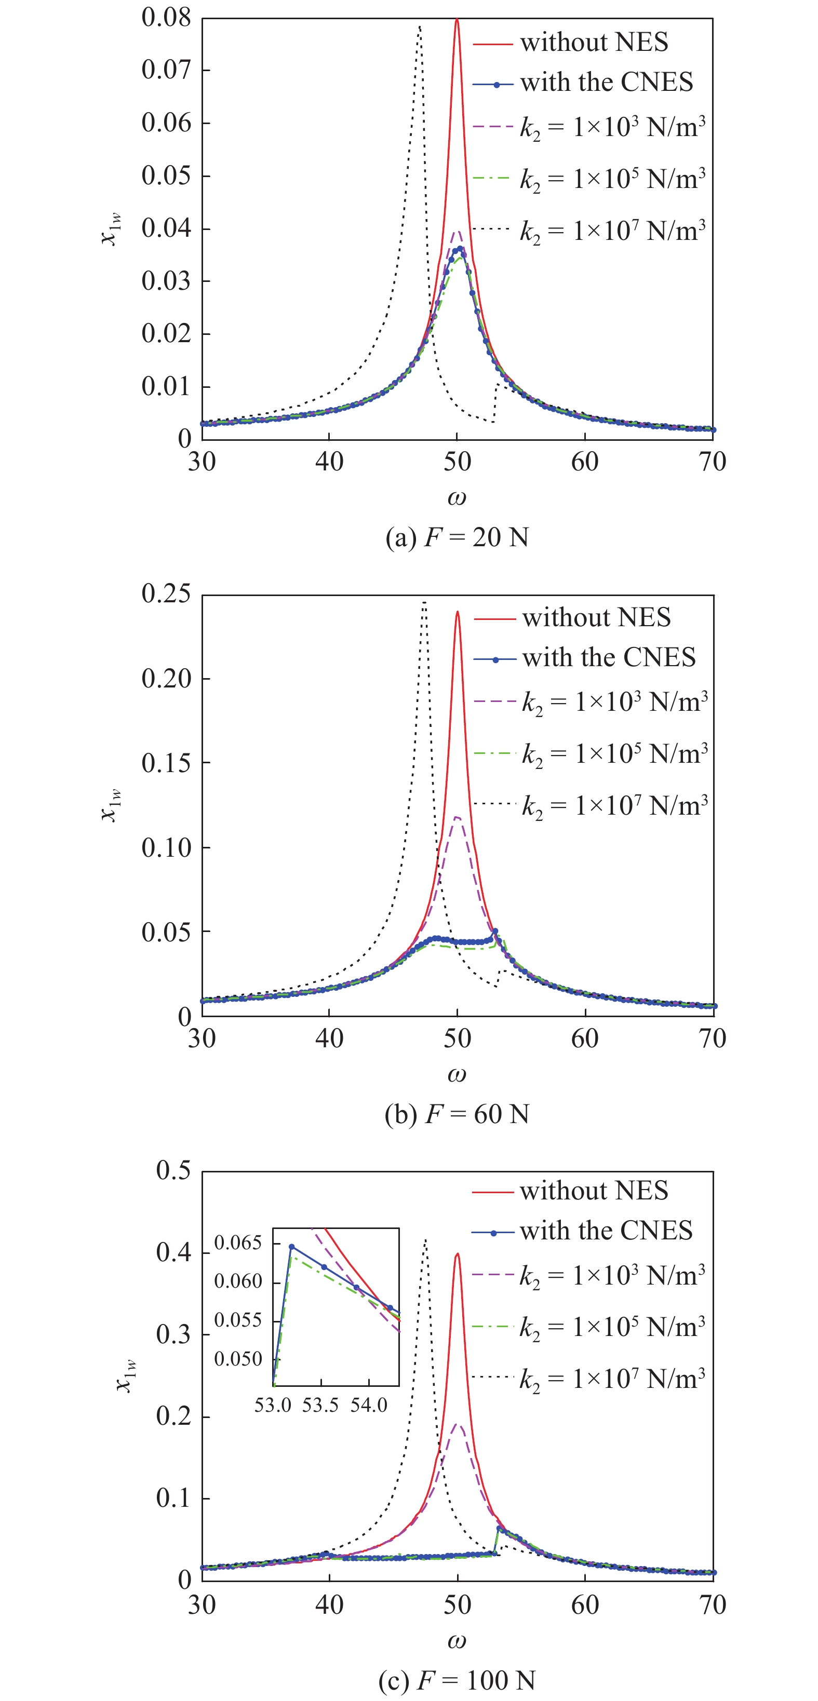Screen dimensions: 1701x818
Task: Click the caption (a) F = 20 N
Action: pos(457,537)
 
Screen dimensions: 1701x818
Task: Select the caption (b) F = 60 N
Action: pos(457,1114)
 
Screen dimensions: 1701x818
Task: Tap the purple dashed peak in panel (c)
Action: pos(457,1424)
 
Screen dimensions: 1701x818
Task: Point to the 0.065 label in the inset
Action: pos(238,1244)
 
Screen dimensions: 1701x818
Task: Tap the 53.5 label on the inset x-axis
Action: pos(320,1405)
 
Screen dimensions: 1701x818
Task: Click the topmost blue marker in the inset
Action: pos(291,1247)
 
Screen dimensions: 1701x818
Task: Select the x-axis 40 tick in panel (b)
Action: pos(329,1038)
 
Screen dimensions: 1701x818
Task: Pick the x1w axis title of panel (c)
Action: pos(126,1375)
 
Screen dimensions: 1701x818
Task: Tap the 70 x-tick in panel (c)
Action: pos(712,1605)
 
